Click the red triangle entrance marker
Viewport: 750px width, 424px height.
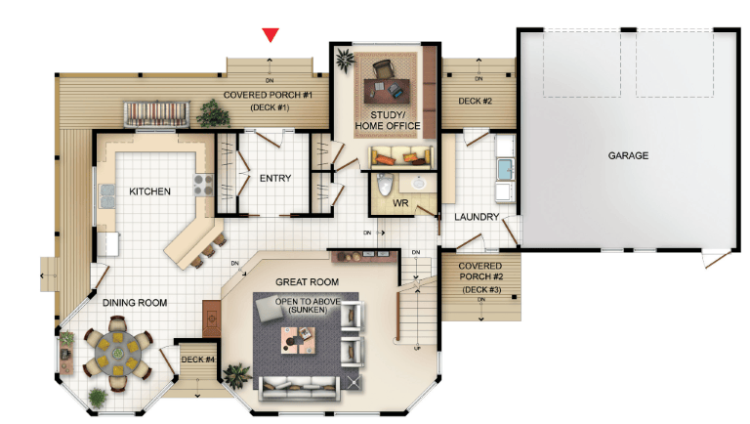271,35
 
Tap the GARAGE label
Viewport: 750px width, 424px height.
628,155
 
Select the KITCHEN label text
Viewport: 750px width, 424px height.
149,191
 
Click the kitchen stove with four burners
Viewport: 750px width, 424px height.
203,185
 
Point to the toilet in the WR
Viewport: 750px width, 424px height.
385,185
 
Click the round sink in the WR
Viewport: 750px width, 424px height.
419,183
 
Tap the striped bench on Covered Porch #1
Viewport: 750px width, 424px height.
156,114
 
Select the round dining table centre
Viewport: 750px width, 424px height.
117,354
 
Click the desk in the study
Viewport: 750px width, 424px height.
387,91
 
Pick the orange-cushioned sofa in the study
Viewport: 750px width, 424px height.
400,157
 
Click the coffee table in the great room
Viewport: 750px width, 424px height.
298,340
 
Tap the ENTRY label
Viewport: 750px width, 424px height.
275,179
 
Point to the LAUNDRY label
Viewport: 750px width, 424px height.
477,217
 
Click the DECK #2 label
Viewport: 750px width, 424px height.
475,101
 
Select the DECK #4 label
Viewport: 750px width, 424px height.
197,360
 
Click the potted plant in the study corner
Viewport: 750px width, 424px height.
345,60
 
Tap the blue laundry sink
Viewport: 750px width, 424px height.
505,168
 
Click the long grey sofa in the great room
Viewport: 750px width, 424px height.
300,388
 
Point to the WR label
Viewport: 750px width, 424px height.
400,203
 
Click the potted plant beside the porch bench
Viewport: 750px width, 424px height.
212,114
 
